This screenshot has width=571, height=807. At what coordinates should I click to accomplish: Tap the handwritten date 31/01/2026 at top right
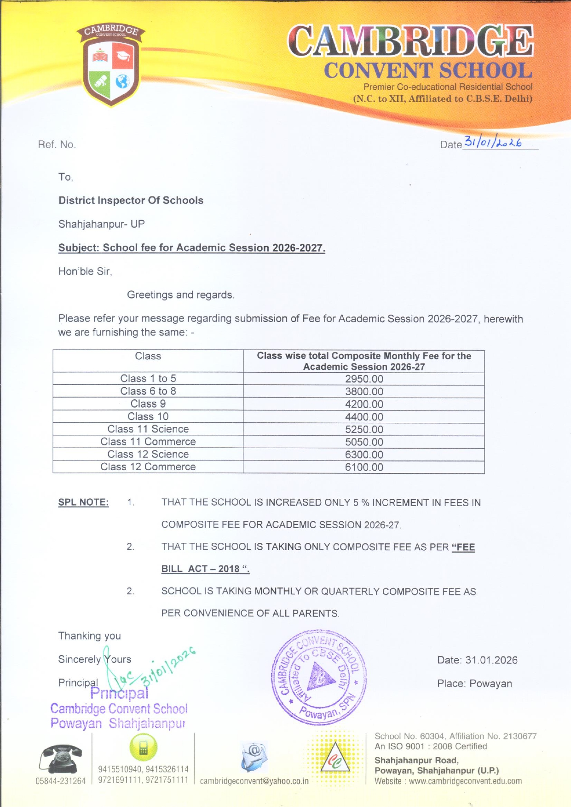[x=492, y=142]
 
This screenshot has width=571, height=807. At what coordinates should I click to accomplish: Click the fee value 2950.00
[x=364, y=379]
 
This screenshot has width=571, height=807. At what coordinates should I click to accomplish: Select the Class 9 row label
[x=148, y=404]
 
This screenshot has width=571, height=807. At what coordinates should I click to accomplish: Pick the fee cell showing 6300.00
[x=364, y=455]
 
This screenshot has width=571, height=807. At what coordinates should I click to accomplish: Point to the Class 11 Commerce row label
[x=148, y=442]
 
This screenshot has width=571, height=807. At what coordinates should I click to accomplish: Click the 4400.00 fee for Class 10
[x=364, y=417]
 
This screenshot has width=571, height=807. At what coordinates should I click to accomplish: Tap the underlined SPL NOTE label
[x=83, y=502]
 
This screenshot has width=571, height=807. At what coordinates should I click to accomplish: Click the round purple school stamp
[x=319, y=676]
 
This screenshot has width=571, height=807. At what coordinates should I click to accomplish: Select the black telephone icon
[x=60, y=759]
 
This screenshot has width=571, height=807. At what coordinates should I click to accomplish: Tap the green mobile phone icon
[x=143, y=747]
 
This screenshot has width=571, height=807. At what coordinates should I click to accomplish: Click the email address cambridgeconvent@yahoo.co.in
[x=254, y=781]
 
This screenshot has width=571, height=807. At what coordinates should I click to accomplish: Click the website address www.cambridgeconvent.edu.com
[x=465, y=781]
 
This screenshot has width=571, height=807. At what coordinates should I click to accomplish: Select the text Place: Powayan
[x=474, y=684]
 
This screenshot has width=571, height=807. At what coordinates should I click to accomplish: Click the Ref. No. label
[x=57, y=144]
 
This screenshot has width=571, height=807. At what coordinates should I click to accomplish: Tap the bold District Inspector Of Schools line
[x=131, y=201]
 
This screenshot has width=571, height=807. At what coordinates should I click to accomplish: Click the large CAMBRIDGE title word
[x=410, y=41]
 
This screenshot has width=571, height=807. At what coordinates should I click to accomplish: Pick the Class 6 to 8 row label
[x=148, y=391]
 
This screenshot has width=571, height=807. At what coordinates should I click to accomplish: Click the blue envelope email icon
[x=254, y=756]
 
